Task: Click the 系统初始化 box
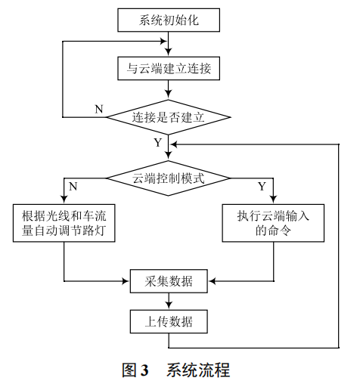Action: point(169,20)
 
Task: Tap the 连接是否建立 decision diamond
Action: point(169,117)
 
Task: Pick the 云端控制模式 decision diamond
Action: point(169,178)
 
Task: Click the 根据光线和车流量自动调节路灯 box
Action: point(64,223)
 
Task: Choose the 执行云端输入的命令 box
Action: point(272,223)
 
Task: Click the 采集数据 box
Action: point(169,281)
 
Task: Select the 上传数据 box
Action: point(169,322)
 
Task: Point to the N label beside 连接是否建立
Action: point(98,108)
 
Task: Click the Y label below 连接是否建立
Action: point(157,141)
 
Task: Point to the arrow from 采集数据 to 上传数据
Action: point(169,302)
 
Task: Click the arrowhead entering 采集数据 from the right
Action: point(212,281)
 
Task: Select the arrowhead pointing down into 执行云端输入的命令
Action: point(272,200)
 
